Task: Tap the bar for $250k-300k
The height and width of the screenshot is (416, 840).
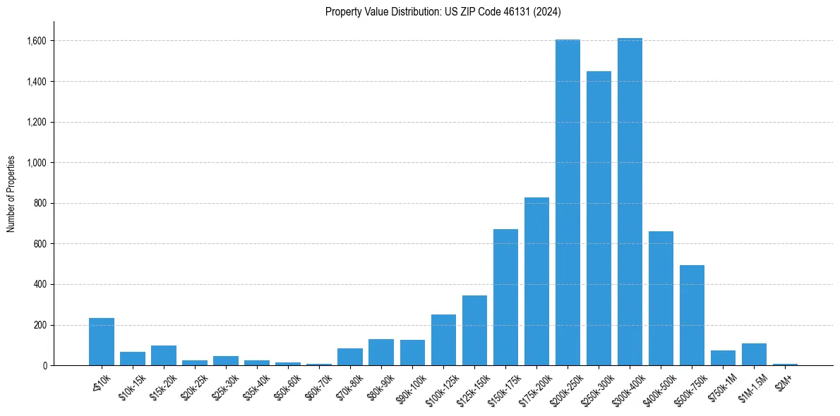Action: (x=599, y=219)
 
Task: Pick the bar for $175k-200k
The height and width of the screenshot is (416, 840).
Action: (x=536, y=281)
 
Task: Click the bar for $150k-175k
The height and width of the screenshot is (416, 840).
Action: (x=505, y=297)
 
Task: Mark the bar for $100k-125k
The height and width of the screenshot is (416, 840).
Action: (x=443, y=340)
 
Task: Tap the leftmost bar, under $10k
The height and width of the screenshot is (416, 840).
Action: (x=102, y=342)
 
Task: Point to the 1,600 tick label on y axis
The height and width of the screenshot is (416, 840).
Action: (x=37, y=41)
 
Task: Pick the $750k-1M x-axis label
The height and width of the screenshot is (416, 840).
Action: (x=721, y=384)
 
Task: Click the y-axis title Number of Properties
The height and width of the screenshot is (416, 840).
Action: (x=11, y=194)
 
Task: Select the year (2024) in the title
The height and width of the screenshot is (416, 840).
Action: (x=547, y=11)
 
